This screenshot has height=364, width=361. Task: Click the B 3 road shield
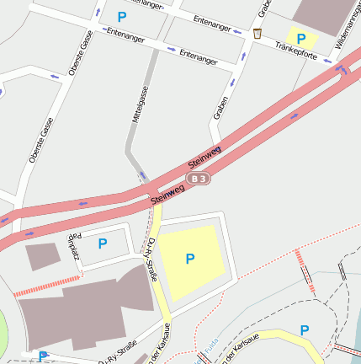pyautogui.click(x=198, y=179)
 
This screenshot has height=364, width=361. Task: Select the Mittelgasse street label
pyautogui.click(x=138, y=108)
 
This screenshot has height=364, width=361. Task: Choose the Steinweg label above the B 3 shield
pyautogui.click(x=204, y=156)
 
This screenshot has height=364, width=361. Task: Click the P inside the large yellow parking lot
pyautogui.click(x=190, y=259)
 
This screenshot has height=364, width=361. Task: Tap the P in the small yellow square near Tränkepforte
pyautogui.click(x=301, y=38)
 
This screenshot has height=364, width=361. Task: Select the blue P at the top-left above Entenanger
pyautogui.click(x=122, y=16)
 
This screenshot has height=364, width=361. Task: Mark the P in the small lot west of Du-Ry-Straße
pyautogui.click(x=103, y=244)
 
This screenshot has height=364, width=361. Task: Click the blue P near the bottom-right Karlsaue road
pyautogui.click(x=305, y=330)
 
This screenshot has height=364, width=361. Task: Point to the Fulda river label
pyautogui.click(x=206, y=345)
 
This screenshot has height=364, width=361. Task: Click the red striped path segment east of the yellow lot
pyautogui.click(x=305, y=271)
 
